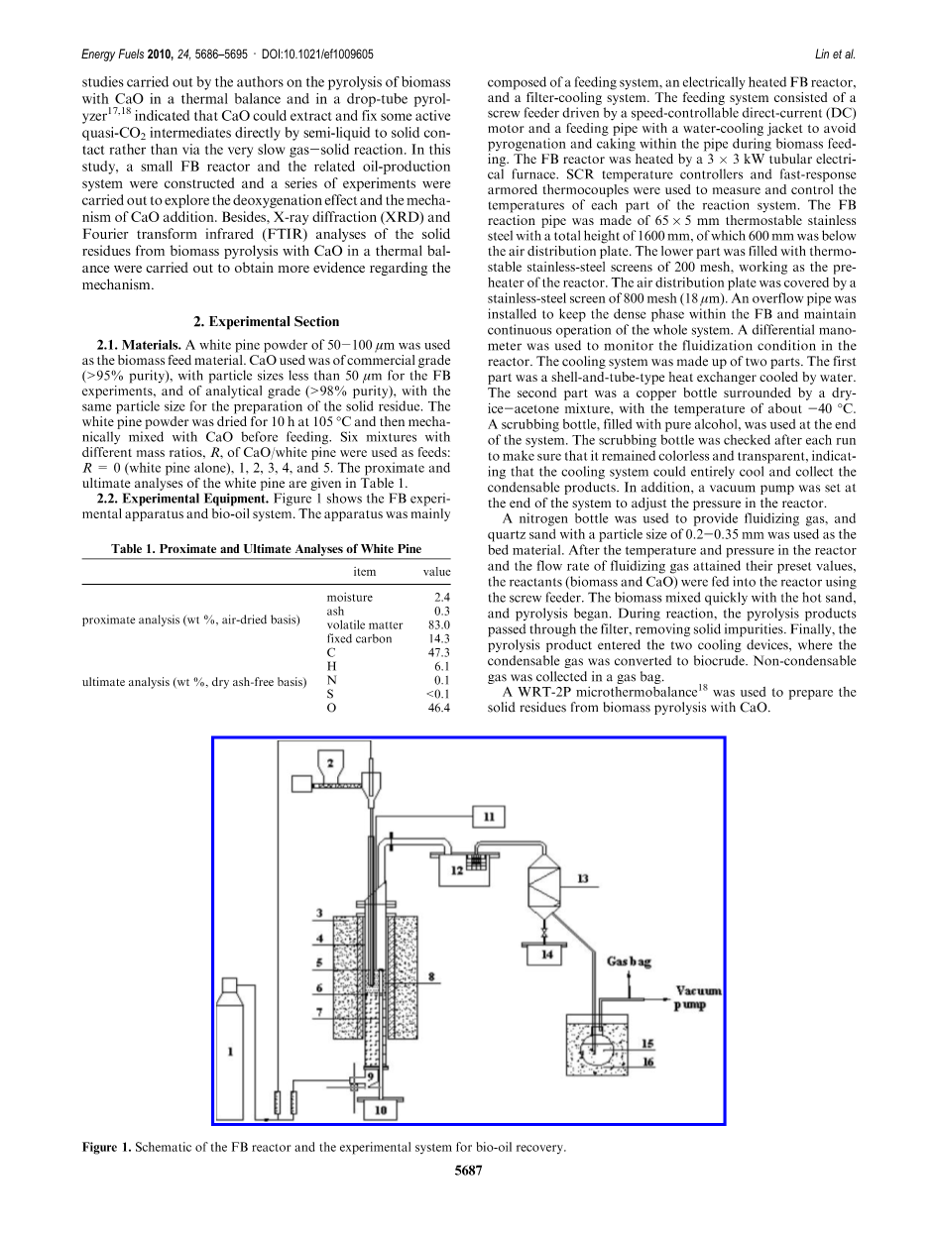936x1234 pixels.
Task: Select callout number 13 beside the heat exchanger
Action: pos(582,878)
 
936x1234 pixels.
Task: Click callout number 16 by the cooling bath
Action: pos(647,1060)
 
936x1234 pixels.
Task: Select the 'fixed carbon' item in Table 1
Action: pos(359,639)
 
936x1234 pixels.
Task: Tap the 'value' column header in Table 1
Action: pos(436,572)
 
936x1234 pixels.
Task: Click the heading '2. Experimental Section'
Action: pos(268,321)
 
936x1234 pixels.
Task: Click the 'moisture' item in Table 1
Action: pos(349,598)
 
